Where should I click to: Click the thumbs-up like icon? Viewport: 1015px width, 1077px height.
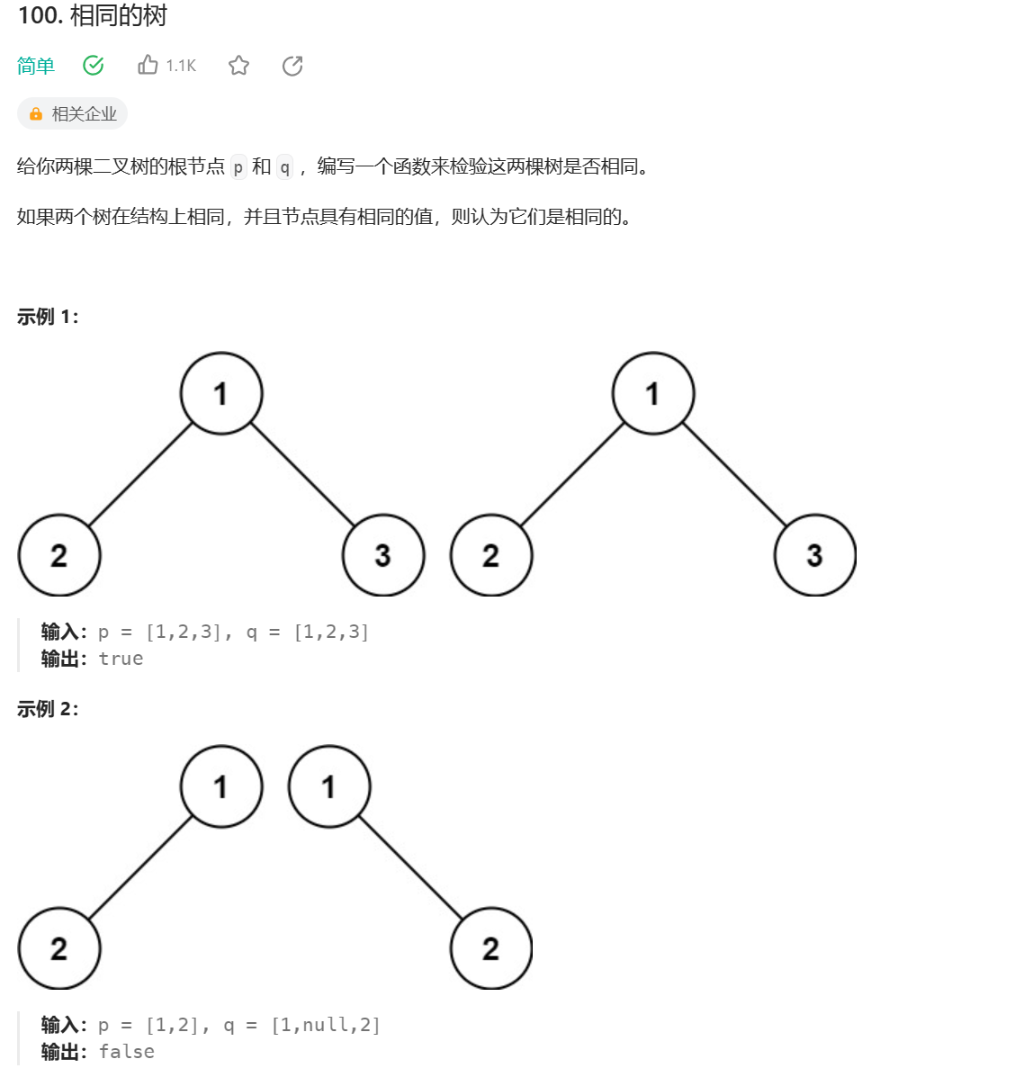[x=148, y=65]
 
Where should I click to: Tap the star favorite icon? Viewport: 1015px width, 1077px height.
[x=238, y=66]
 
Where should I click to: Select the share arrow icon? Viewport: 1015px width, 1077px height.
[x=292, y=66]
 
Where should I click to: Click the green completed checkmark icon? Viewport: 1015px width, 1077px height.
[x=94, y=66]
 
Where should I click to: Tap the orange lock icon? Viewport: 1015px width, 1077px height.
[x=36, y=114]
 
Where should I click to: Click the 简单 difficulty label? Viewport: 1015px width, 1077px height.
[x=36, y=66]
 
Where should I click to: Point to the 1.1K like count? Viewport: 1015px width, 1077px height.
[x=181, y=66]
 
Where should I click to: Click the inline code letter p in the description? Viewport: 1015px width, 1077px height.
[x=238, y=167]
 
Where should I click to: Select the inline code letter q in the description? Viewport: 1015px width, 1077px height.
[x=284, y=167]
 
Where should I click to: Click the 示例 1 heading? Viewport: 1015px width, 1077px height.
[x=48, y=317]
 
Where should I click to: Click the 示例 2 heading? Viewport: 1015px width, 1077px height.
[x=48, y=709]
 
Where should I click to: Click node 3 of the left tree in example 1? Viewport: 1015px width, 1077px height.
[x=383, y=555]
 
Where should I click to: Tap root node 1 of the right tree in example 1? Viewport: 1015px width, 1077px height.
[x=653, y=393]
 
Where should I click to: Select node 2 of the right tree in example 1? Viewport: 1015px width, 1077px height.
[x=491, y=555]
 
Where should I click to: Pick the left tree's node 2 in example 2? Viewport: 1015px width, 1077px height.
[x=59, y=948]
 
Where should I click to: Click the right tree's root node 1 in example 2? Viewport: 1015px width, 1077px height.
[x=329, y=786]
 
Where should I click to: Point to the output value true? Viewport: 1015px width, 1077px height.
[x=121, y=659]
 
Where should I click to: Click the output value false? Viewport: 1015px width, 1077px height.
[x=126, y=1052]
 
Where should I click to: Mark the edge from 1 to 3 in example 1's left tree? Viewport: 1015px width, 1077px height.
[x=303, y=474]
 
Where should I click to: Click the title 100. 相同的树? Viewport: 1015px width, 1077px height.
[x=93, y=16]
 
